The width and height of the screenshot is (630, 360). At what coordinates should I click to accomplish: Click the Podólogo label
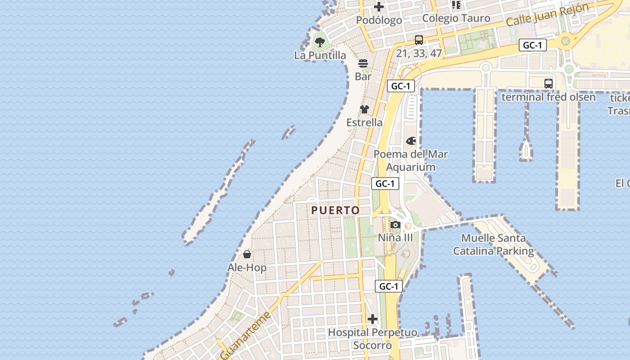(379, 20)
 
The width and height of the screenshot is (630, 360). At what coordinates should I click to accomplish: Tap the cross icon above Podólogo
(379, 7)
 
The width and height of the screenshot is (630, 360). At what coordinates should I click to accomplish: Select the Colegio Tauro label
(456, 18)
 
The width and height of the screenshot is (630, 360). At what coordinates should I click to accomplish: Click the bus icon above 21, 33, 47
(419, 40)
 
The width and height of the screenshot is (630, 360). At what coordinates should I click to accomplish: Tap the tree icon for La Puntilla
(320, 43)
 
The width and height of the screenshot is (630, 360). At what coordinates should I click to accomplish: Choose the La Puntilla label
(320, 55)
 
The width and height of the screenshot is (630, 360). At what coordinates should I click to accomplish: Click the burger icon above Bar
(363, 63)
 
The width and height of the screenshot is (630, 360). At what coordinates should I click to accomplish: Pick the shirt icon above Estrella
(364, 109)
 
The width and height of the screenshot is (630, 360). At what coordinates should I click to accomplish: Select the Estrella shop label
(364, 122)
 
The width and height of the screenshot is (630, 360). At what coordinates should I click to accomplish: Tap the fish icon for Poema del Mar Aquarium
(411, 141)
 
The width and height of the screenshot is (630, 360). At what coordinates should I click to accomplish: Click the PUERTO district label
(336, 210)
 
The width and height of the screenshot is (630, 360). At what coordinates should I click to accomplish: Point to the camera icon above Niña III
(396, 225)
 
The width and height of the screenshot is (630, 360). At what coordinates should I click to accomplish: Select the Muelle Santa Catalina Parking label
(494, 244)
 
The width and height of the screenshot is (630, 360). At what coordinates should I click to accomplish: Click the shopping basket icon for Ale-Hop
(247, 255)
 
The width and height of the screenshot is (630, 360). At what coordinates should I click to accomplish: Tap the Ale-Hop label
(247, 268)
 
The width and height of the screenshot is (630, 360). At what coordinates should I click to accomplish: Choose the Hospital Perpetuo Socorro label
(373, 339)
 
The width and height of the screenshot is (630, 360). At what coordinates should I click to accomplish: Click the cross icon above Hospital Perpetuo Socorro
(373, 319)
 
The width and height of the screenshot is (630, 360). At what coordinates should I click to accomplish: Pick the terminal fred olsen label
(548, 97)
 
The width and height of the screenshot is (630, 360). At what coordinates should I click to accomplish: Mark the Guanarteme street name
(246, 335)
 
